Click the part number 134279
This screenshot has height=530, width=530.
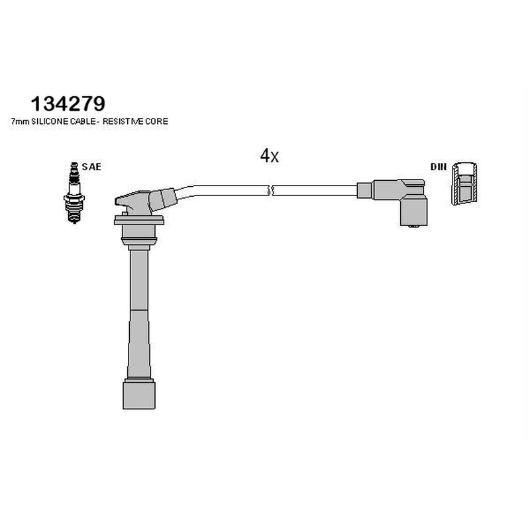pyautogui.click(x=68, y=103)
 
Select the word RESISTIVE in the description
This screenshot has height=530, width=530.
pyautogui.click(x=123, y=121)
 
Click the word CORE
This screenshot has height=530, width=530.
pyautogui.click(x=156, y=121)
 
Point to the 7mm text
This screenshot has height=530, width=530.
pyautogui.click(x=21, y=122)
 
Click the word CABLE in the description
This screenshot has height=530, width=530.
pyautogui.click(x=83, y=121)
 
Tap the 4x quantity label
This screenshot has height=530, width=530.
pyautogui.click(x=270, y=156)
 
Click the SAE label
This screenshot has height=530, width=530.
pyautogui.click(x=91, y=167)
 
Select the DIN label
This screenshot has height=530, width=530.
pyautogui.click(x=439, y=167)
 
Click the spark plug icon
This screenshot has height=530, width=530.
pyautogui.click(x=74, y=193)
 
